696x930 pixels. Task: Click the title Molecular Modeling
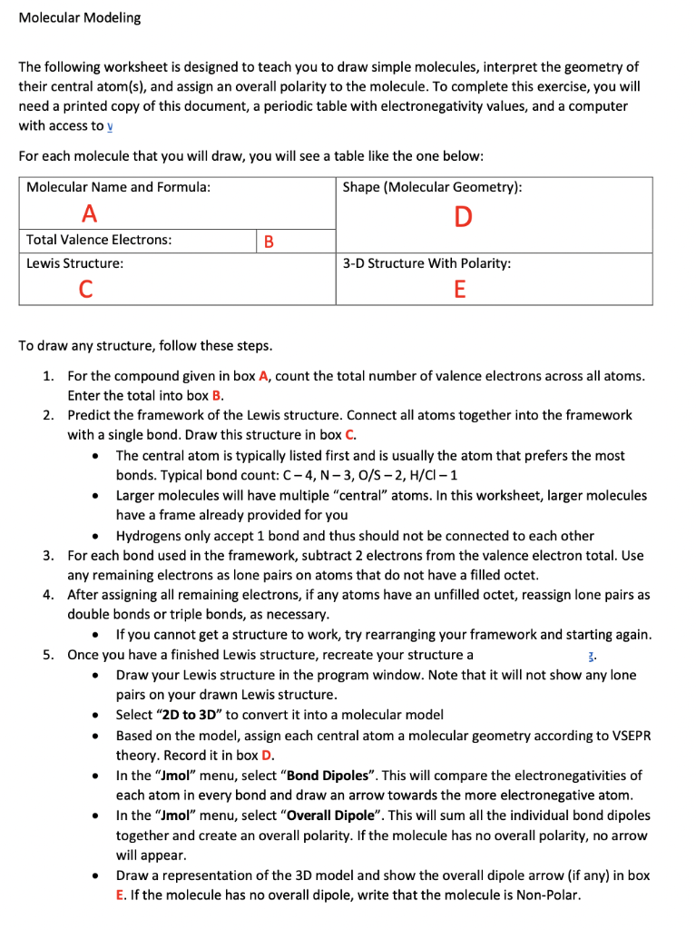coord(80,18)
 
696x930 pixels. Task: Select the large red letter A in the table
coord(89,214)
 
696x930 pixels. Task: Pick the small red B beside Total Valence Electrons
coord(268,242)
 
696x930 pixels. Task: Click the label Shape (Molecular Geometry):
coord(432,187)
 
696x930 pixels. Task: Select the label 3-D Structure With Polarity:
coord(426,263)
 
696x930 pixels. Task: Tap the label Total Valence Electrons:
coord(99,240)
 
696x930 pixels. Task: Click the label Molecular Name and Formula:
coord(118,187)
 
